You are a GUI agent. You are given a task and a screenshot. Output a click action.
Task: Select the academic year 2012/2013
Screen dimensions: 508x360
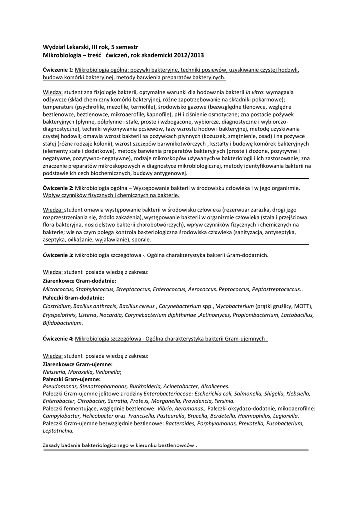pyautogui.click(x=186, y=54)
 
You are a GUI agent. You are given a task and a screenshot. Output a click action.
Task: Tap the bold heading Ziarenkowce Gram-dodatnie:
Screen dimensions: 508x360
pyautogui.click(x=79, y=281)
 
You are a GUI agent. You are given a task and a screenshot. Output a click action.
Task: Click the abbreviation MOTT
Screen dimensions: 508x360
pyautogui.click(x=303, y=306)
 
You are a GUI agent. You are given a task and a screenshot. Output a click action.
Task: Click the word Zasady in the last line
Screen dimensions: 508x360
pyautogui.click(x=53, y=446)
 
